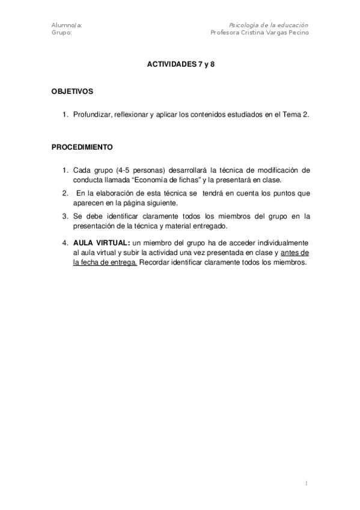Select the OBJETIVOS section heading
pos(72,92)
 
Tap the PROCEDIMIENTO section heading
pos(81,147)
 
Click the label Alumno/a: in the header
pos(67,25)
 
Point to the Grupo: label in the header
pos(63,32)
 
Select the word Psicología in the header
pos(243,25)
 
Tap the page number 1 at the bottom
pos(307,483)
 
